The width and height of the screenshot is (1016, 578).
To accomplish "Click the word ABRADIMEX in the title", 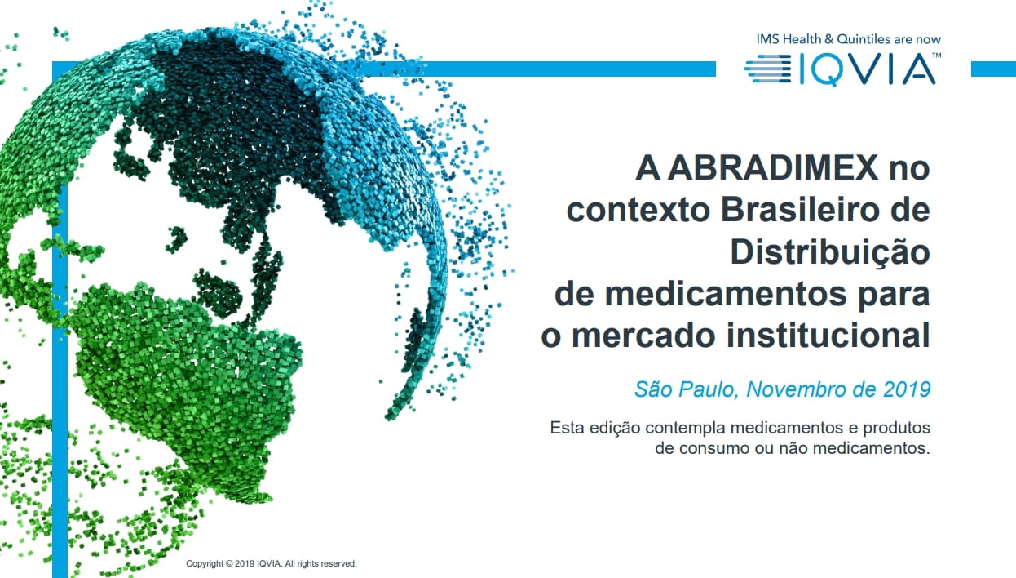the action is pos(772,168).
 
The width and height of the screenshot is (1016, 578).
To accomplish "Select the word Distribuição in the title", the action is pos(830,253).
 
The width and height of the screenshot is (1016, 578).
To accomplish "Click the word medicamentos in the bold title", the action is pos(726,294).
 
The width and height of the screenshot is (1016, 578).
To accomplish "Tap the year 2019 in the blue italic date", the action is pos(907,389).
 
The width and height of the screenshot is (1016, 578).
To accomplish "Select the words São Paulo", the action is pos(687,389).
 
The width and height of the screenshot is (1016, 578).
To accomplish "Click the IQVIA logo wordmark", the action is pos(866,69).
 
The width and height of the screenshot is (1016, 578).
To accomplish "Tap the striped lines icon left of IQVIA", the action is pos(768,69).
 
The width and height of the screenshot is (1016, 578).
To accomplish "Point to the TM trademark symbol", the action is pos(936,56).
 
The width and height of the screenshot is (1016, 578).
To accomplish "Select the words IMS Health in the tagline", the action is pos(789,39).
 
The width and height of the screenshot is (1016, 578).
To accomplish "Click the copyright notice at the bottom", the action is pos(272,563).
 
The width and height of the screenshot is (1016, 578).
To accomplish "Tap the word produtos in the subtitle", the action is pos(896,428).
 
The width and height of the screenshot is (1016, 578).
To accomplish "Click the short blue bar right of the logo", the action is pos(993,69).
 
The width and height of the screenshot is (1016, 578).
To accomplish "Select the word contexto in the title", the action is pos(638,211).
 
